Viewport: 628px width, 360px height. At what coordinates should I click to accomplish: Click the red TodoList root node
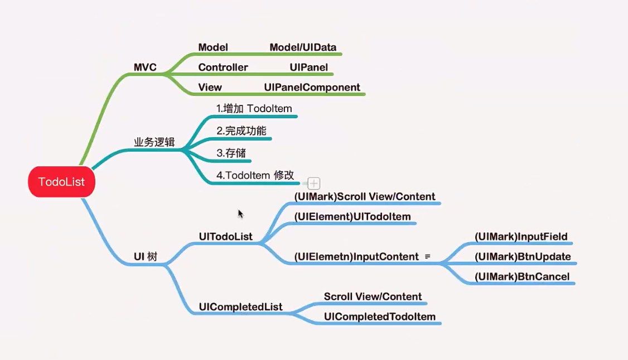pos(61,181)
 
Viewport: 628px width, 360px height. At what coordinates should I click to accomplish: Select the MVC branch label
pos(145,68)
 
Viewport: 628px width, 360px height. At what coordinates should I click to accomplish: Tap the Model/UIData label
pos(303,47)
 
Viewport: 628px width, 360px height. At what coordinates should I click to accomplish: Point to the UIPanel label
pos(308,68)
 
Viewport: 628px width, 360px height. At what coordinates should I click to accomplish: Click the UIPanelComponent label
pos(312,87)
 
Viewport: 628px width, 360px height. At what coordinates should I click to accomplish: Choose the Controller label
pos(223,68)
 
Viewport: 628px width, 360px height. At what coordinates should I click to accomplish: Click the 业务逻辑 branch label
pos(154,142)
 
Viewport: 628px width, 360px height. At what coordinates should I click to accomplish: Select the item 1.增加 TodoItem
pos(254,108)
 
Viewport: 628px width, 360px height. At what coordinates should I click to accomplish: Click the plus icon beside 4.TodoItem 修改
pos(314,183)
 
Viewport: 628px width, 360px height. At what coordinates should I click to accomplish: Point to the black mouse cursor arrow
pos(240,214)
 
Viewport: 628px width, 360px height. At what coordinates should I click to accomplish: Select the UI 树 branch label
pos(146,257)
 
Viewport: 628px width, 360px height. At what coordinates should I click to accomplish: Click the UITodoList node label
pos(225,237)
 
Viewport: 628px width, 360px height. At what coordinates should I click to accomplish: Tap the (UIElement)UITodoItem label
pos(352,217)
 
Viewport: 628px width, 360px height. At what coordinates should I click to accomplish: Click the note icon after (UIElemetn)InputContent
pos(428,256)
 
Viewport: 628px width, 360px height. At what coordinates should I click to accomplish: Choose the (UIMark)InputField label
pos(521,237)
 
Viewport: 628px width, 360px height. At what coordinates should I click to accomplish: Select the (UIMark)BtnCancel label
pos(522,276)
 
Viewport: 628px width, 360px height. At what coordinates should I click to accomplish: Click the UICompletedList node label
pos(240,307)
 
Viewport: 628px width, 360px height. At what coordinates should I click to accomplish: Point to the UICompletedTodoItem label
pos(379,317)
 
